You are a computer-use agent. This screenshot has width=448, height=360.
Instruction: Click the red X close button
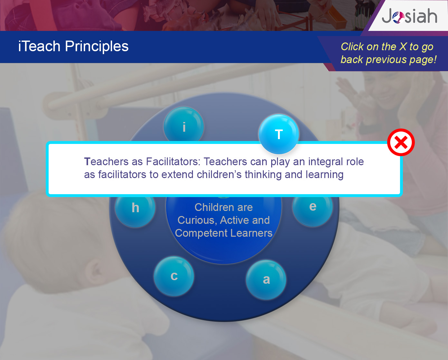tap(401, 142)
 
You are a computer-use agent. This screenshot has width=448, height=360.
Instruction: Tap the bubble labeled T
tap(279, 134)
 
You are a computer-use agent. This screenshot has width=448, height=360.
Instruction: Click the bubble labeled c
tap(174, 276)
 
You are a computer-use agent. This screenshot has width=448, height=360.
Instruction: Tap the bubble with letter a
tap(266, 280)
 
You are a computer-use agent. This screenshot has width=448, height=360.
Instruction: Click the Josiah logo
tap(409, 16)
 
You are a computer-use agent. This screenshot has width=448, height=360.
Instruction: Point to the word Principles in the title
tap(97, 46)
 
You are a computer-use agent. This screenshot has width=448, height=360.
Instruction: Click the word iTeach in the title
tap(39, 46)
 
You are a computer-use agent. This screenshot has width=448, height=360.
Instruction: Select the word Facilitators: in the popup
tap(173, 162)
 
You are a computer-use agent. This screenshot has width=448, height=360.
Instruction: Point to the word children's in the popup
tap(219, 175)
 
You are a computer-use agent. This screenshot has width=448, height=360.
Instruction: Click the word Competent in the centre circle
tap(201, 233)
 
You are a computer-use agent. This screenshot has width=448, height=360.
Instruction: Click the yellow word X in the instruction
tap(403, 47)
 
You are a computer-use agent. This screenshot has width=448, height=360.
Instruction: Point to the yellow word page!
tap(423, 60)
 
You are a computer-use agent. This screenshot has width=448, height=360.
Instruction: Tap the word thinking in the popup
tap(263, 175)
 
